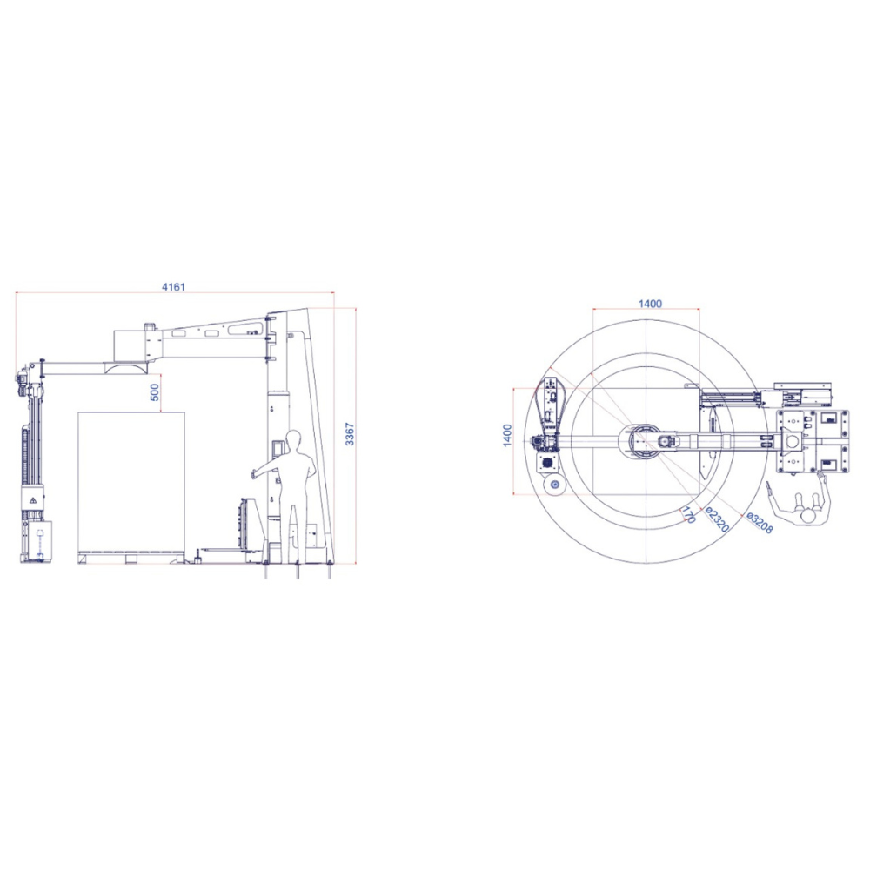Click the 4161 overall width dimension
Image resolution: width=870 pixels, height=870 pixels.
pos(173,287)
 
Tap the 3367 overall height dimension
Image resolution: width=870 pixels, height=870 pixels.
pos(350,434)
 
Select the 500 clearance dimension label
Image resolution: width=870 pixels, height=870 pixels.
pos(155,392)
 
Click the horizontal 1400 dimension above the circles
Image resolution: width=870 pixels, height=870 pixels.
pos(650,304)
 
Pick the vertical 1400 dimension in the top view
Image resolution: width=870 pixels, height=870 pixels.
pos(507,436)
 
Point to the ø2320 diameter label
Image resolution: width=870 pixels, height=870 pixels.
pos(718,519)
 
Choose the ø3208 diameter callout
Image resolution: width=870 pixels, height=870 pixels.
pos(759,522)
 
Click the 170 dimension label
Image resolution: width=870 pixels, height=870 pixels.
pos(688,515)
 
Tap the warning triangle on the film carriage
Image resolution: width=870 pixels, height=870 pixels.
pos(33,500)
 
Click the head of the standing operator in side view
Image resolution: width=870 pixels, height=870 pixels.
pos(294,439)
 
